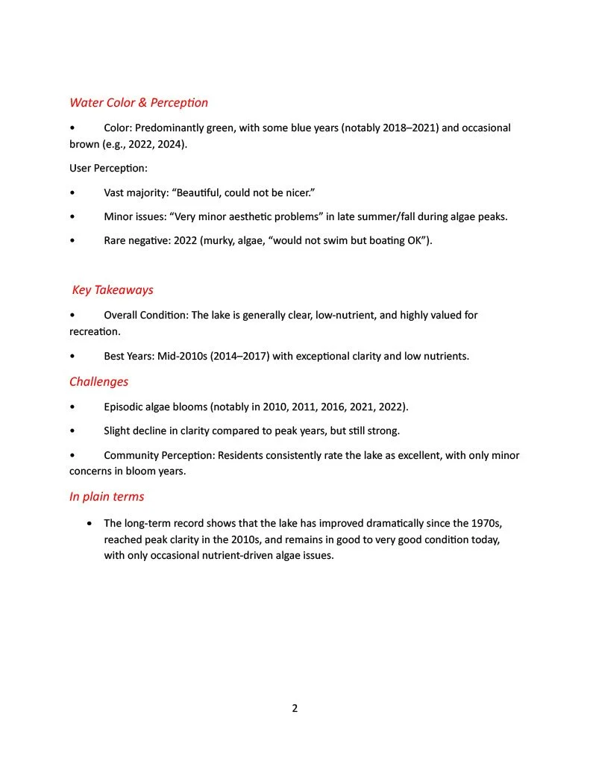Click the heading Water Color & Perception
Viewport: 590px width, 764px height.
coord(139,102)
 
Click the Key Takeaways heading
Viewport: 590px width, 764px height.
coord(113,289)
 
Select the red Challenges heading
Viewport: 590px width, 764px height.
coord(98,381)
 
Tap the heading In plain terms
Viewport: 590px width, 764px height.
coord(107,496)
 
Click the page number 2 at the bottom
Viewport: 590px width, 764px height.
coord(295,708)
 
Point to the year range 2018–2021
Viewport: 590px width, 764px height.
coord(410,128)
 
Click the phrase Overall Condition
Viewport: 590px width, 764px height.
coord(145,315)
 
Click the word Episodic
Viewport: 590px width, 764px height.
coord(125,407)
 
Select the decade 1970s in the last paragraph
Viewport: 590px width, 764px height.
coord(493,522)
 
